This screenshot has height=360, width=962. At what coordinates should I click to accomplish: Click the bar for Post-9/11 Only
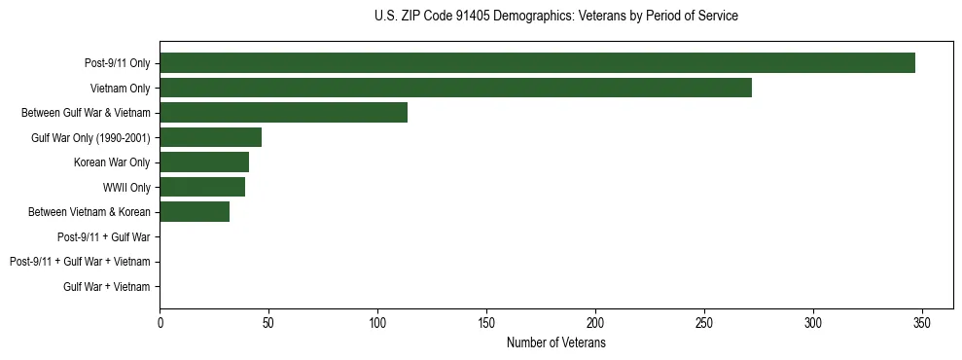(x=537, y=63)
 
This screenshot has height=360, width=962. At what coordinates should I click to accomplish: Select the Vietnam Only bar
(x=455, y=88)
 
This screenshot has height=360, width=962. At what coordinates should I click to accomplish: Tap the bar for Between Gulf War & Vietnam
(x=283, y=113)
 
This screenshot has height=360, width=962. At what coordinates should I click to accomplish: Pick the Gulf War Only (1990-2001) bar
(x=210, y=137)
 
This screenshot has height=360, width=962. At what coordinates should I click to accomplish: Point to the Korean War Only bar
(x=204, y=162)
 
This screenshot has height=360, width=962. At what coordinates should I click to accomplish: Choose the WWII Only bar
(x=202, y=187)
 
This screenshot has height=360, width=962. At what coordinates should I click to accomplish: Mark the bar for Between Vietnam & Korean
(x=195, y=212)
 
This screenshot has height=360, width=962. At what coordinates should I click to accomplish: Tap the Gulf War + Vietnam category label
(x=107, y=286)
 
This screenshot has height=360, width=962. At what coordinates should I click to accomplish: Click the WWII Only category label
(x=126, y=187)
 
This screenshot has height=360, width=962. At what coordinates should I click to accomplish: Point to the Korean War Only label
(x=112, y=162)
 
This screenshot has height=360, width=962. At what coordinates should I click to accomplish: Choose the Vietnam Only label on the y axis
(x=120, y=88)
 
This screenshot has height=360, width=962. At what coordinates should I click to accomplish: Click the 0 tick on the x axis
(x=160, y=322)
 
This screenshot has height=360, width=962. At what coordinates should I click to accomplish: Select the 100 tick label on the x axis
(x=377, y=322)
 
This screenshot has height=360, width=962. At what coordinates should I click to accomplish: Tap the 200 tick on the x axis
(x=595, y=322)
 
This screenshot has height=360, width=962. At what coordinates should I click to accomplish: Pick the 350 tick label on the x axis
(x=922, y=322)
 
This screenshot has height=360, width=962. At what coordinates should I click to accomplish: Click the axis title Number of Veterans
(x=556, y=342)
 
